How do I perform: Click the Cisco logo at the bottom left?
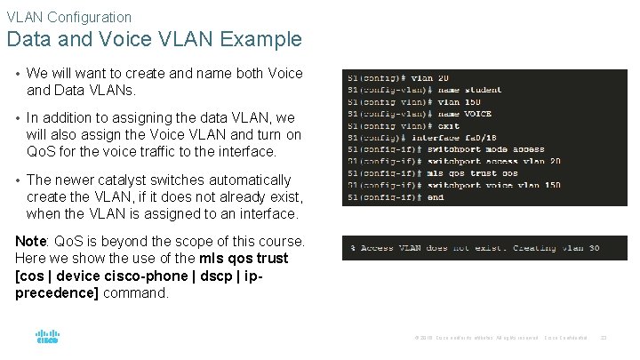pyautogui.click(x=47, y=337)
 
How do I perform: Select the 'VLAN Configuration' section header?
pyautogui.click(x=68, y=16)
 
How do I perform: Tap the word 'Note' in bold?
pyautogui.click(x=31, y=241)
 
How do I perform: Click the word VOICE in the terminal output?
pyautogui.click(x=476, y=114)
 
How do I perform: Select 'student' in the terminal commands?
pyautogui.click(x=482, y=90)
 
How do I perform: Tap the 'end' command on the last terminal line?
pyautogui.click(x=436, y=197)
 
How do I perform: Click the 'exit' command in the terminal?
pyautogui.click(x=449, y=126)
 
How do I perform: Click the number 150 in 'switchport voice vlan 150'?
pyautogui.click(x=552, y=186)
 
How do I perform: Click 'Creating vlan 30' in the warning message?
pyautogui.click(x=556, y=248)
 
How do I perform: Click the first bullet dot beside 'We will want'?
pyautogui.click(x=17, y=73)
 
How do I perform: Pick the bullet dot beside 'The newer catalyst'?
pyautogui.click(x=17, y=180)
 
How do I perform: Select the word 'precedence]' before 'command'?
pyautogui.click(x=57, y=292)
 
